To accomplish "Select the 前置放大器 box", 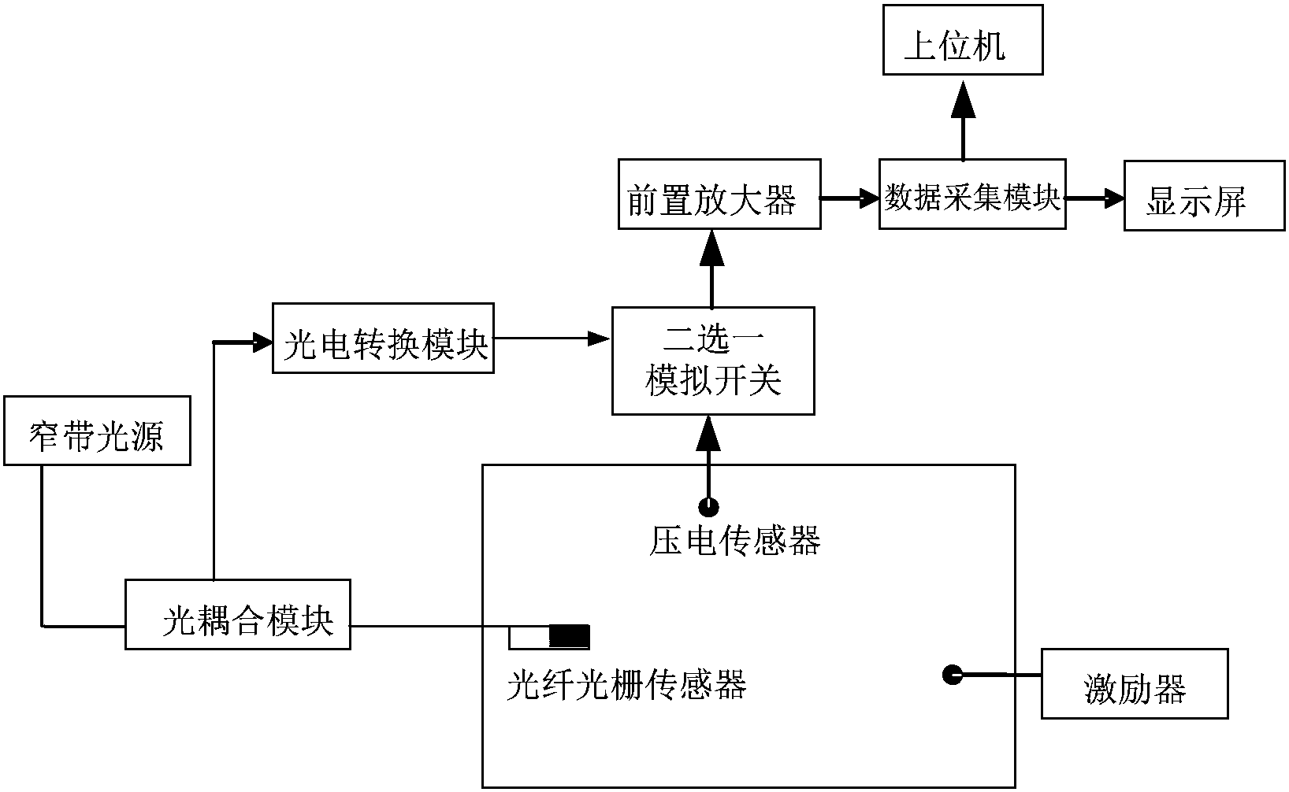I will point(719,194).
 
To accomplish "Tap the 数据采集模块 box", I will point(971,194).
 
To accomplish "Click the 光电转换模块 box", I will point(383,339).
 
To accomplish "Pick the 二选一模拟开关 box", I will point(712,361).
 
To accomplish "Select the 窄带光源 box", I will point(97,431).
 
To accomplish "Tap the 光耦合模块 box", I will point(238,615).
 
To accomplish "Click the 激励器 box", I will point(1134,684).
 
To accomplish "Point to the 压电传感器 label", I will point(734,542).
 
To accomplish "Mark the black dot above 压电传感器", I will point(709,505).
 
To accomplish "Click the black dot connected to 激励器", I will point(953,674).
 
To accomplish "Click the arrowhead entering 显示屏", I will point(1113,199).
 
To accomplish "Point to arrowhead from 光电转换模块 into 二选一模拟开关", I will point(600,339).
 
